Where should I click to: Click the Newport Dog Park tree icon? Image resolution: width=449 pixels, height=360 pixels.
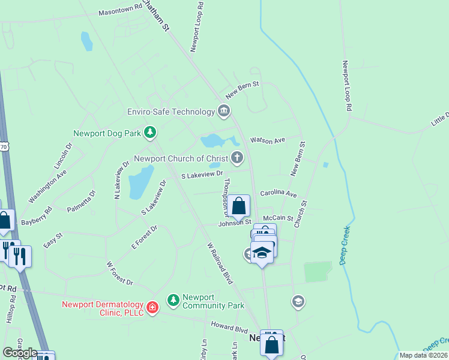150,131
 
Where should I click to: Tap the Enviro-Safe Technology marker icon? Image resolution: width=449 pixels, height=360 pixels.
224,111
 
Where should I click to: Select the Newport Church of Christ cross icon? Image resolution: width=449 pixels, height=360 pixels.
238,158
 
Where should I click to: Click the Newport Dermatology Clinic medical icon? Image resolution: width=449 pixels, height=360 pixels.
152,308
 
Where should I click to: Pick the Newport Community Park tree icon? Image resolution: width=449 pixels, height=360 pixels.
173,299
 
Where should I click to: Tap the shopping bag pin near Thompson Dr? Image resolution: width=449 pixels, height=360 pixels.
238,206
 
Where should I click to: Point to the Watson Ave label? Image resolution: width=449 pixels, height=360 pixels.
267,140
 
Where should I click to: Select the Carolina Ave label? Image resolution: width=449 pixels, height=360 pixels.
279,194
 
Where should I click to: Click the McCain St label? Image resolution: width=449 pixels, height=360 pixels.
277,218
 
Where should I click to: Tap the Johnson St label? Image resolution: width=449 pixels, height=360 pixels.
234,223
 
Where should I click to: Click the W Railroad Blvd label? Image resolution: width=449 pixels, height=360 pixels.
219,263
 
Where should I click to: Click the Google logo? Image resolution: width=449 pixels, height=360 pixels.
19,353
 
